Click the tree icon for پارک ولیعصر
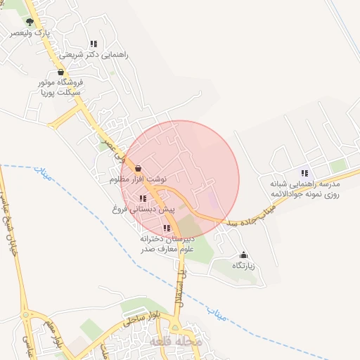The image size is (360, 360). [x=29, y=22]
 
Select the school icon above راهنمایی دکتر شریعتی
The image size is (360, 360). [x=94, y=44]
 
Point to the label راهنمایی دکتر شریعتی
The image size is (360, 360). [x=94, y=54]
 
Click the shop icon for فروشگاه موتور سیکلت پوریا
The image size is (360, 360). [x=60, y=72]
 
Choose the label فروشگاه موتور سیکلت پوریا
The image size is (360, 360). [x=60, y=86]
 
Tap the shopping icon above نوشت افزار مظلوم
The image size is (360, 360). [x=138, y=169]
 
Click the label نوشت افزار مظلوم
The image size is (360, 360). [x=138, y=180]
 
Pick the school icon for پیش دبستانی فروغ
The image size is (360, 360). [x=143, y=199]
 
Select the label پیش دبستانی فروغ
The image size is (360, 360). [x=143, y=210]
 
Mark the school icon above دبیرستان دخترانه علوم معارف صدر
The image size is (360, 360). [x=167, y=228]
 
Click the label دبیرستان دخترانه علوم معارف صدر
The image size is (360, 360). [x=167, y=243]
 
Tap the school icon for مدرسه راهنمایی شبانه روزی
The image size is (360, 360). [x=304, y=172]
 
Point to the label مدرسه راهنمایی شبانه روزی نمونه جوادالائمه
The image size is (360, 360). [x=304, y=188]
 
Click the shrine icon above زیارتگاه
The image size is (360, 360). [x=244, y=255]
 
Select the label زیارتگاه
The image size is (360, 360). [x=243, y=266]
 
